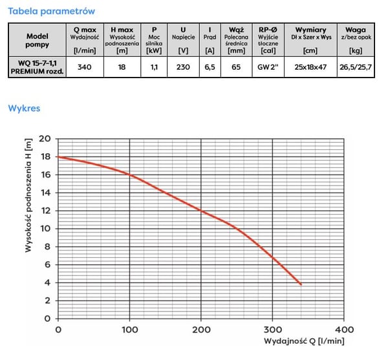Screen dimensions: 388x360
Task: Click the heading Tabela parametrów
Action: [x=52, y=11]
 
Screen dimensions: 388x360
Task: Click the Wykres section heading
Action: [x=24, y=109]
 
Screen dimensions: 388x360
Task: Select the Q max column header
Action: [x=85, y=40]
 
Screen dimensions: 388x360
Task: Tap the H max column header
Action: [x=122, y=40]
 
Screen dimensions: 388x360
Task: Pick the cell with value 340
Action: [x=85, y=67]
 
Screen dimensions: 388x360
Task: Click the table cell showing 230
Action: [x=183, y=67]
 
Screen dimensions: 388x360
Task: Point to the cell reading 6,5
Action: [x=210, y=67]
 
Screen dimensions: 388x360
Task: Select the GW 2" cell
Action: [x=268, y=67]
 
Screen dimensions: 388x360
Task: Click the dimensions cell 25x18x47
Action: [x=310, y=67]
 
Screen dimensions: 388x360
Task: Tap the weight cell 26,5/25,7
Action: [x=356, y=67]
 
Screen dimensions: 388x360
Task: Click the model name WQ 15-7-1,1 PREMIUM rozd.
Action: [x=37, y=67]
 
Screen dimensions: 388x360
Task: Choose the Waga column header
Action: [x=356, y=40]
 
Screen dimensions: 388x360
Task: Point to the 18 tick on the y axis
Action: [x=45, y=156]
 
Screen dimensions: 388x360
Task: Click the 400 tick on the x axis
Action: [x=344, y=330]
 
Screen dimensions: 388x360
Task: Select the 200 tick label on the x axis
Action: [x=201, y=330]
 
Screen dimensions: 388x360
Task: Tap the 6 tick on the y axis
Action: [x=47, y=264]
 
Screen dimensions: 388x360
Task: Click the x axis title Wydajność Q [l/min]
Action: [x=304, y=341]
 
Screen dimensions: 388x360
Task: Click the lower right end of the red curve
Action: [x=301, y=284]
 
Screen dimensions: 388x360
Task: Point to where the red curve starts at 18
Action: [x=58, y=157]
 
